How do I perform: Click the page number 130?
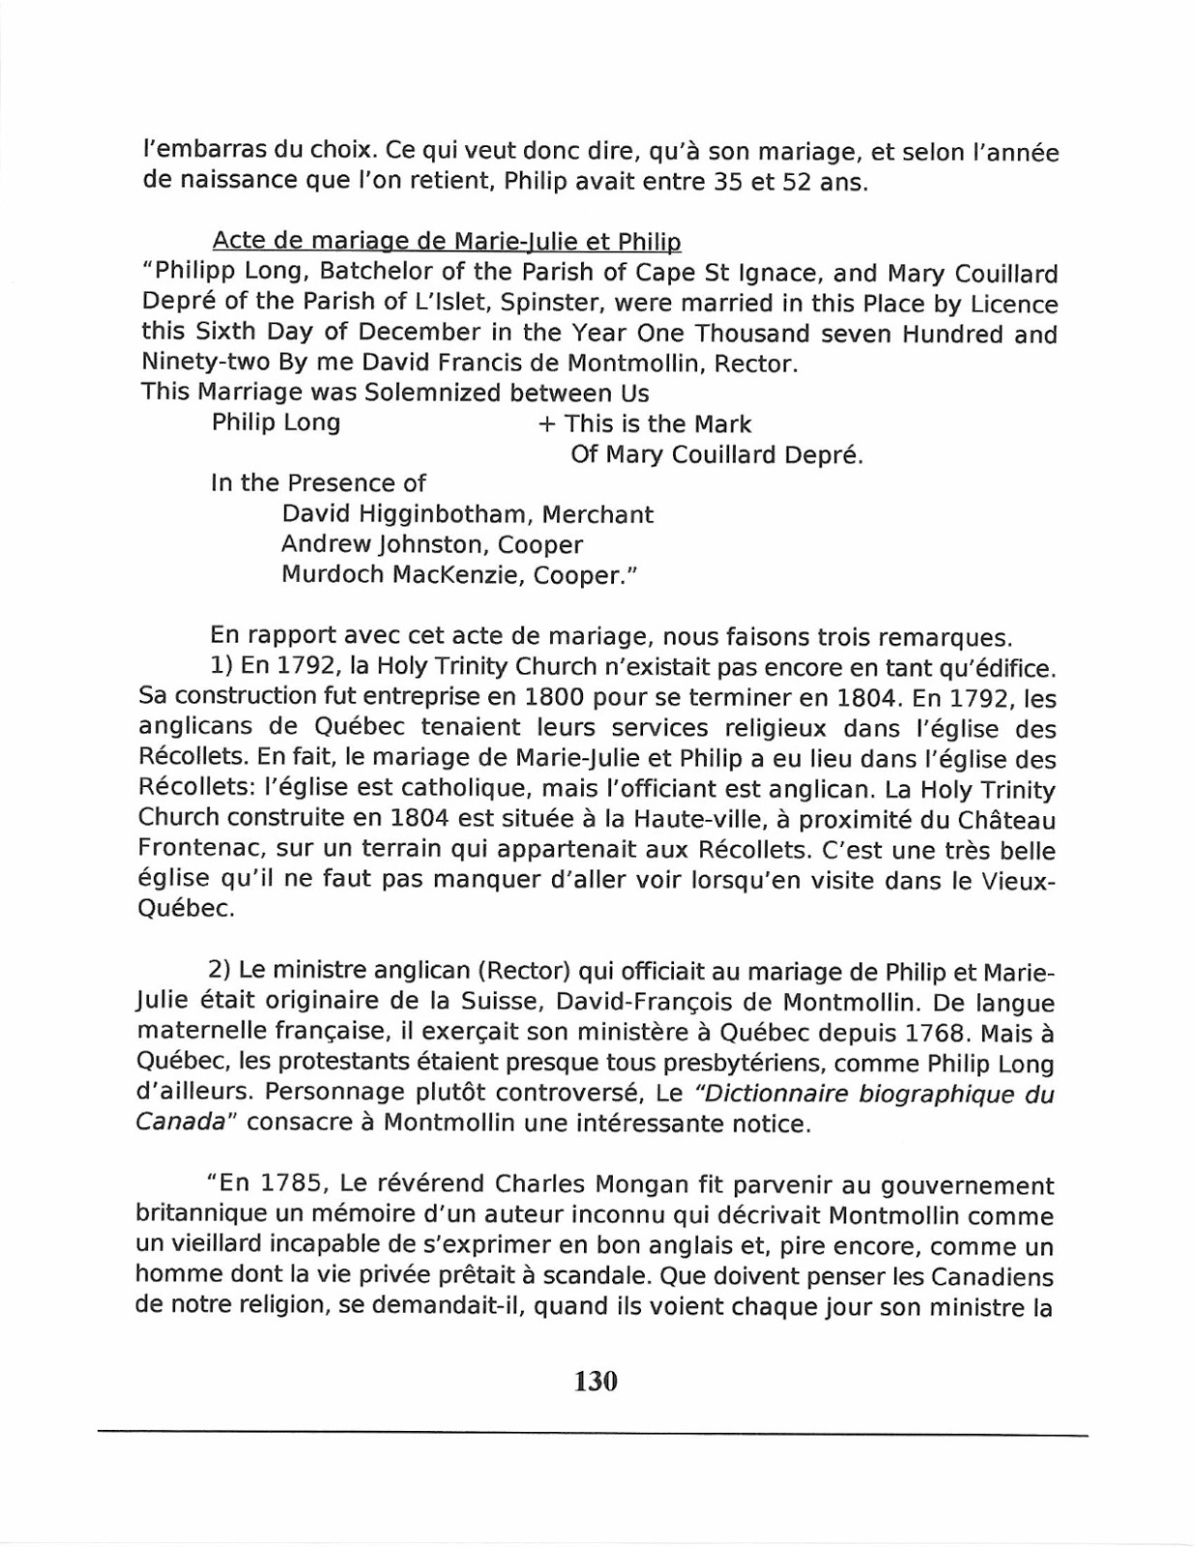click(596, 1381)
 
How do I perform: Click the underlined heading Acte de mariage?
click(446, 242)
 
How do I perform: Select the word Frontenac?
click(202, 850)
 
